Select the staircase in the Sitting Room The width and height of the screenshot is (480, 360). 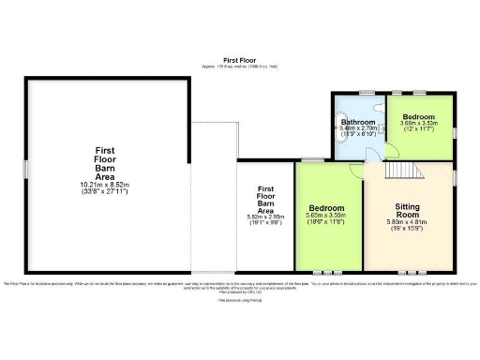pyautogui.click(x=405, y=170)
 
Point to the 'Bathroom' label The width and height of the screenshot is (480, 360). pyautogui.click(x=358, y=122)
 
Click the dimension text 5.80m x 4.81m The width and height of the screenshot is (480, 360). pyautogui.click(x=408, y=223)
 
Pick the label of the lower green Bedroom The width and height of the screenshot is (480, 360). pyautogui.click(x=327, y=207)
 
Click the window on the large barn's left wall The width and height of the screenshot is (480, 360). pyautogui.click(x=27, y=170)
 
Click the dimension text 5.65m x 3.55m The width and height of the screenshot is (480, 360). pyautogui.click(x=327, y=217)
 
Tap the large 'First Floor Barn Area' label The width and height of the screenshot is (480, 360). pyautogui.click(x=106, y=162)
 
